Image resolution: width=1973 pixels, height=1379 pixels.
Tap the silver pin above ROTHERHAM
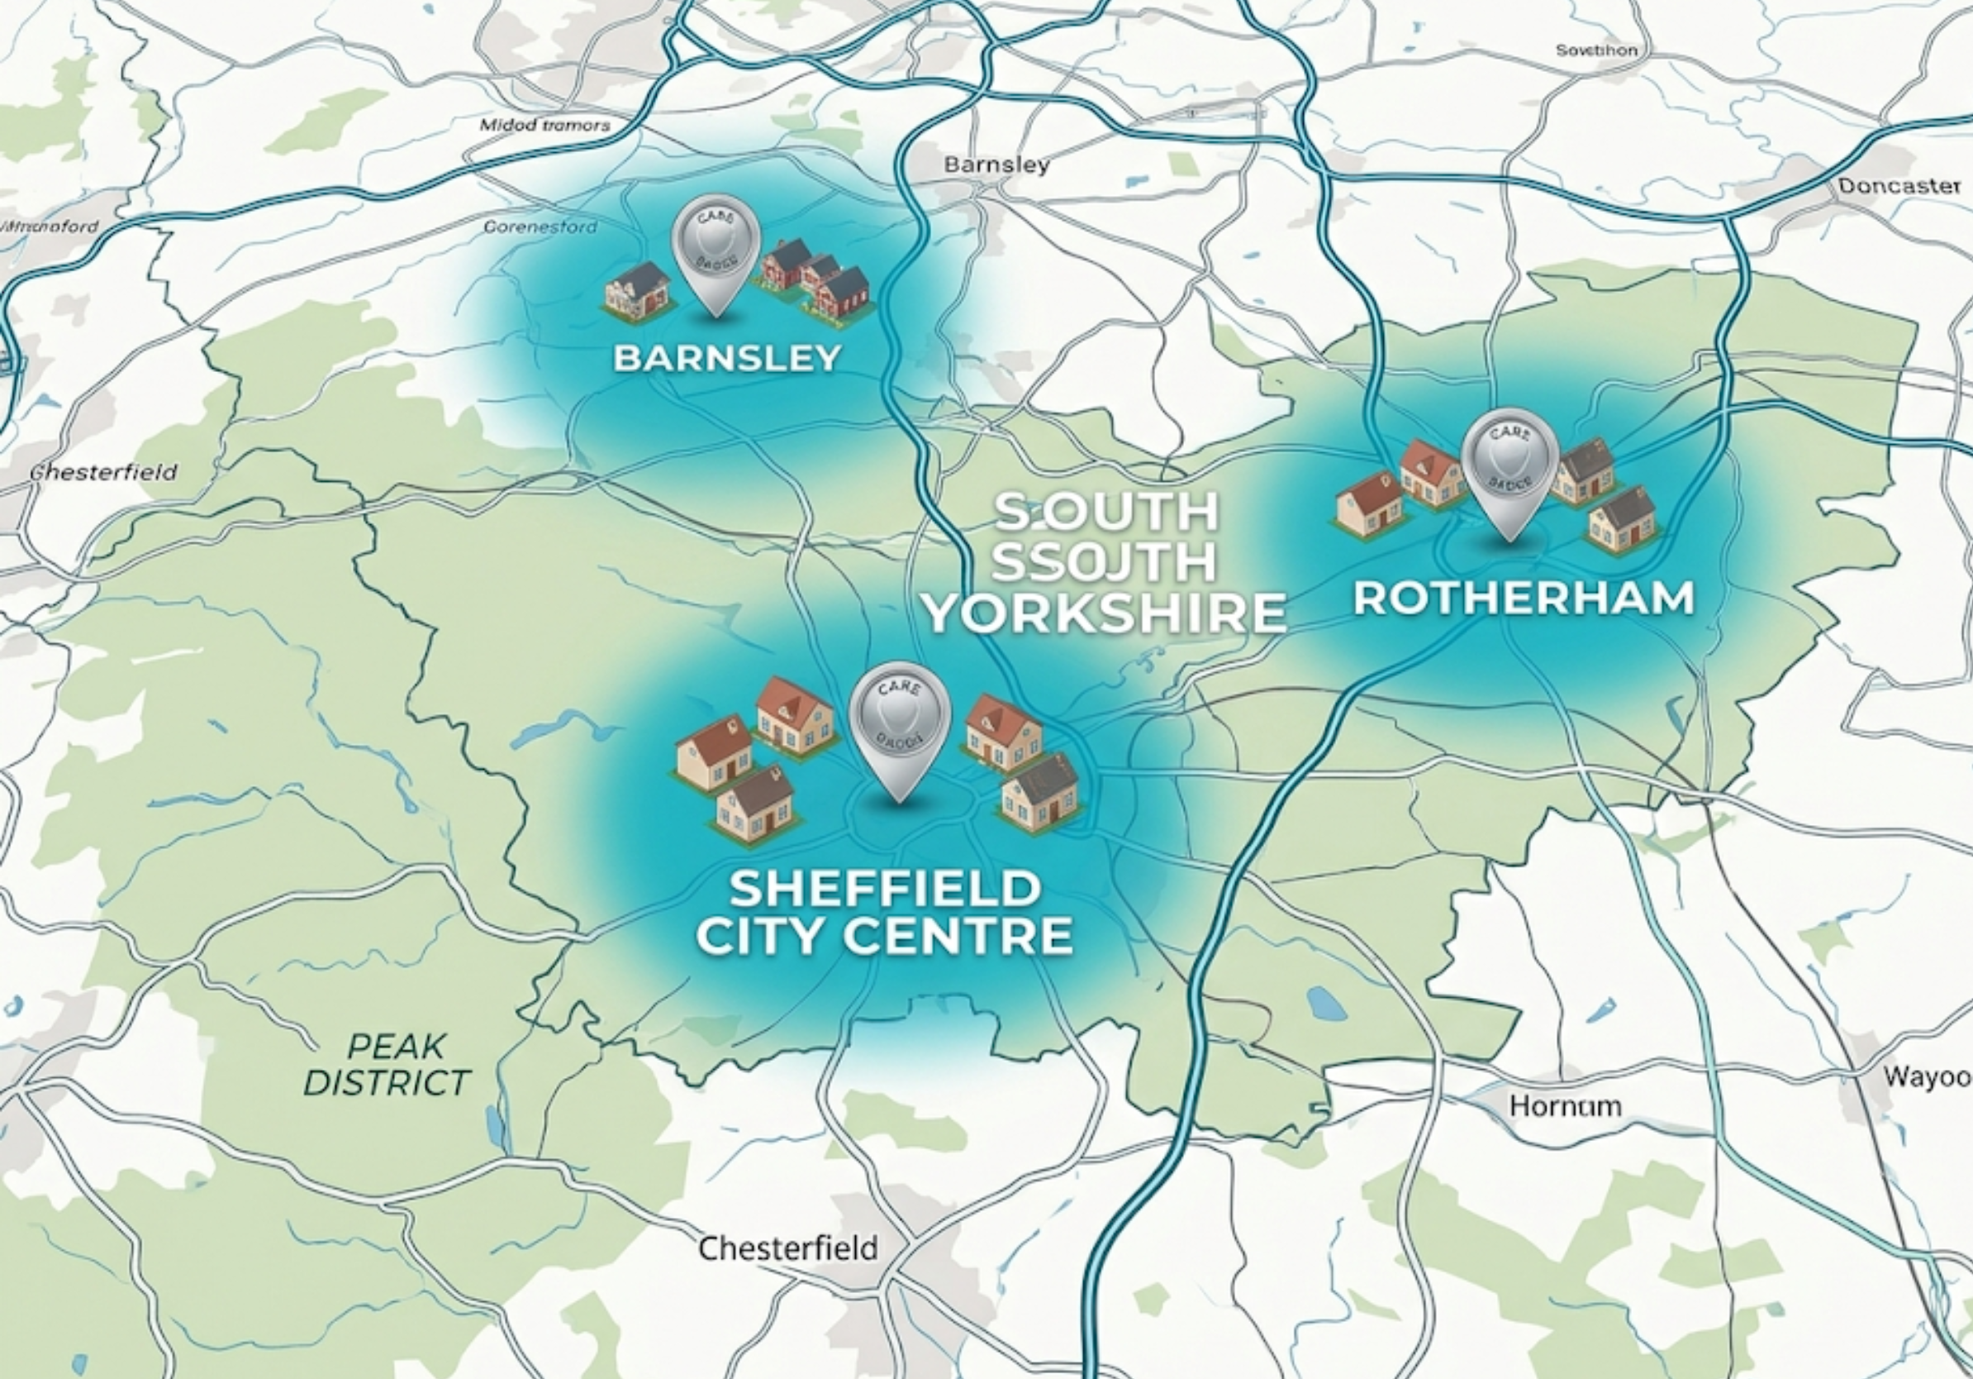[1509, 469]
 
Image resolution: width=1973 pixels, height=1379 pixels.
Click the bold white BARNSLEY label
[727, 358]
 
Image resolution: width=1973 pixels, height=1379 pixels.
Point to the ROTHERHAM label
[1524, 599]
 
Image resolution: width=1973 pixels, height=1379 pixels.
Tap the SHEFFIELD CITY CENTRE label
[885, 912]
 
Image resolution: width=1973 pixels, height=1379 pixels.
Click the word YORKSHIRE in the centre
[1104, 613]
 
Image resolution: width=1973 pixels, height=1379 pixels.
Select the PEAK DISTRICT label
[387, 1064]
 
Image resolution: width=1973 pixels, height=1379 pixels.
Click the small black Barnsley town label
[996, 165]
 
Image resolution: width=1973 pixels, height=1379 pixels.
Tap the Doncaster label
[1899, 186]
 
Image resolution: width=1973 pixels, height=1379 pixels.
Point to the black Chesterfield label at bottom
[788, 1248]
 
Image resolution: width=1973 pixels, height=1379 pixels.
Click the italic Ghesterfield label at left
[104, 472]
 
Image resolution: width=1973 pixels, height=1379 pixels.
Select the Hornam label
[1566, 1105]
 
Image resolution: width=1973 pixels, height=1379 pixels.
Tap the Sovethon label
[1596, 50]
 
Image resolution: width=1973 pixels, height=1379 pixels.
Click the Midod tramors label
[544, 126]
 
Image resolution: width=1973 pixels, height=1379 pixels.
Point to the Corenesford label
[540, 227]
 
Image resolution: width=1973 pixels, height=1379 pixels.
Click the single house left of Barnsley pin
[638, 290]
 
